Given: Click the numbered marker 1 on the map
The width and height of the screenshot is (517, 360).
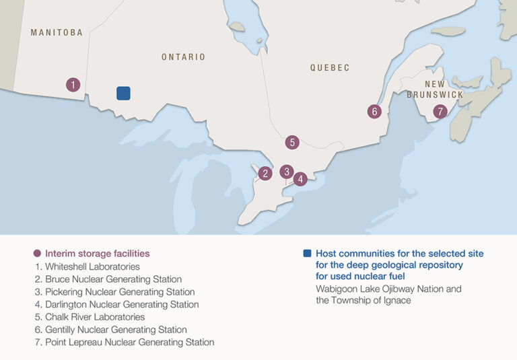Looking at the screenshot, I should pyautogui.click(x=73, y=85).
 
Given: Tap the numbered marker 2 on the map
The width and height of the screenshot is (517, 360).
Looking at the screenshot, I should pyautogui.click(x=265, y=174).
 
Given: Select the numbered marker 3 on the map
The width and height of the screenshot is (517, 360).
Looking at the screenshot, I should pyautogui.click(x=286, y=171).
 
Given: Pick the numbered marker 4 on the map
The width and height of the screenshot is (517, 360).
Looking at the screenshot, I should pyautogui.click(x=300, y=179).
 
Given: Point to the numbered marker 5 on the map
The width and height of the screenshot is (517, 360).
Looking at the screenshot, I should pyautogui.click(x=291, y=142).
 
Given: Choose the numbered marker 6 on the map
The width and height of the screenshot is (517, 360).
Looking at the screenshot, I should pyautogui.click(x=374, y=112).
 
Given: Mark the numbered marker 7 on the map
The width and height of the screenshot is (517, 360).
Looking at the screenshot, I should pyautogui.click(x=440, y=112).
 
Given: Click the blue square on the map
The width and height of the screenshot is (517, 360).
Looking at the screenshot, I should pyautogui.click(x=123, y=93).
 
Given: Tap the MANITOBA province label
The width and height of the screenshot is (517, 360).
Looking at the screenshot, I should pyautogui.click(x=57, y=32).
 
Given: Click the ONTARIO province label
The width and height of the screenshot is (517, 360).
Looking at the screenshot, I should pyautogui.click(x=183, y=57).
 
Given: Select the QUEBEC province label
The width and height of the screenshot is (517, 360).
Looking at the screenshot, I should pyautogui.click(x=330, y=68).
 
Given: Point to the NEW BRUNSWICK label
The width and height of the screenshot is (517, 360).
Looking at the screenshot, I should pyautogui.click(x=435, y=89).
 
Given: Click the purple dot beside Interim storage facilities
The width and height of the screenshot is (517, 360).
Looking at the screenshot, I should pyautogui.click(x=37, y=254).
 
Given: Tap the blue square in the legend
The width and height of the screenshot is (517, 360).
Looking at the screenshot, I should pyautogui.click(x=307, y=254).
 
